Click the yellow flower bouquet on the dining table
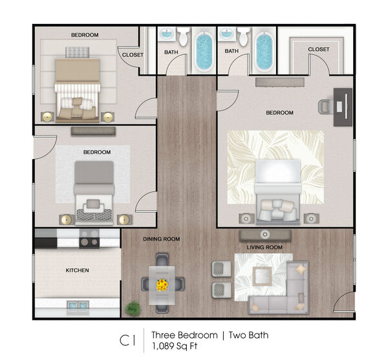162,285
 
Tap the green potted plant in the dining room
133,308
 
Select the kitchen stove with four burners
89,238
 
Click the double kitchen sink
78,306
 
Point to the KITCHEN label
77,270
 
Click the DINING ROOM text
161,239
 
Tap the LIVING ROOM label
264,248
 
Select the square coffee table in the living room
262,276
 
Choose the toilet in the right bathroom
244,37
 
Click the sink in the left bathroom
167,34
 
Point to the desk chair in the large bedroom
326,107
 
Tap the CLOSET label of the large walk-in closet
319,50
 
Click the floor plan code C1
127,340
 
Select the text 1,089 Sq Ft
175,346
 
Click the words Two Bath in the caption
248,335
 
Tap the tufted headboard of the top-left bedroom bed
78,52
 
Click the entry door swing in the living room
343,302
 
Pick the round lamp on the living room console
264,234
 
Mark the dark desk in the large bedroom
343,107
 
